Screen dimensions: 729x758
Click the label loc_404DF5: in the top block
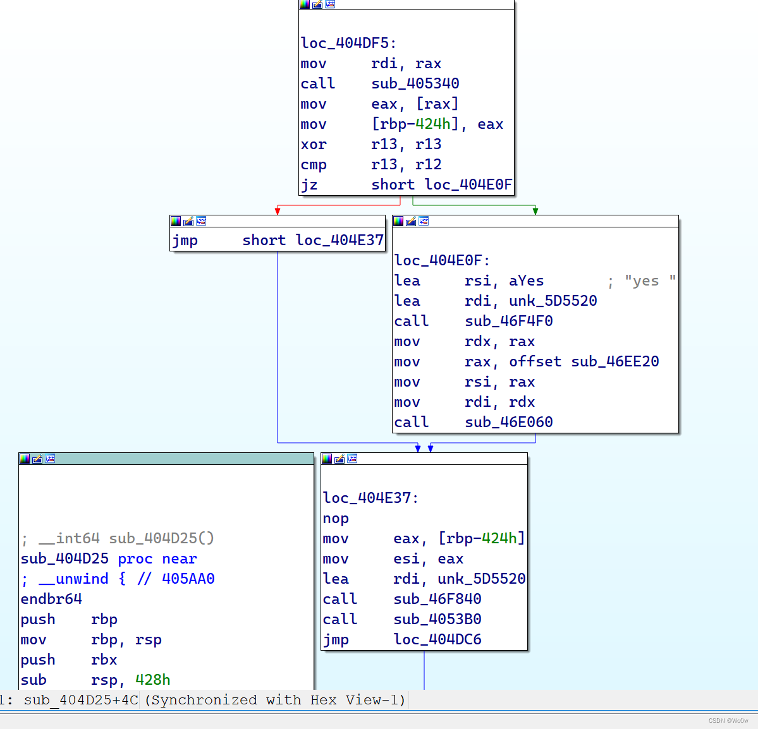tap(348, 44)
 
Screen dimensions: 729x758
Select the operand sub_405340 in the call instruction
tap(415, 84)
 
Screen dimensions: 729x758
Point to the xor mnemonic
tap(314, 145)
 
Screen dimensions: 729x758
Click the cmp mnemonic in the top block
tap(314, 165)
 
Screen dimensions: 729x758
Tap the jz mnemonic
tap(309, 185)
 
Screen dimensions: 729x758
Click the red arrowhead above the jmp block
tap(278, 211)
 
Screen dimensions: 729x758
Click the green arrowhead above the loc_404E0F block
tap(535, 211)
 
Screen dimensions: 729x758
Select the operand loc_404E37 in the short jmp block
tap(339, 241)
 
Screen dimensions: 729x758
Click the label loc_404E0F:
tap(442, 261)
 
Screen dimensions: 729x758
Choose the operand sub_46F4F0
tap(508, 322)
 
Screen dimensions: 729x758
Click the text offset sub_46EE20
tap(584, 362)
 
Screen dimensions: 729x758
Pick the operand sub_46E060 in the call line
tap(508, 423)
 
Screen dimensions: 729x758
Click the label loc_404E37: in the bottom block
tap(370, 498)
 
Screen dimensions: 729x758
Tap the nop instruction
tap(336, 519)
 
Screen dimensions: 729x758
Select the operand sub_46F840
tap(437, 599)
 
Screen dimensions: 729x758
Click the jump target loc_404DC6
tap(437, 640)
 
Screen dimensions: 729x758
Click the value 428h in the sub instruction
tap(152, 680)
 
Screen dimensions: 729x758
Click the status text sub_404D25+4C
tap(81, 700)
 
